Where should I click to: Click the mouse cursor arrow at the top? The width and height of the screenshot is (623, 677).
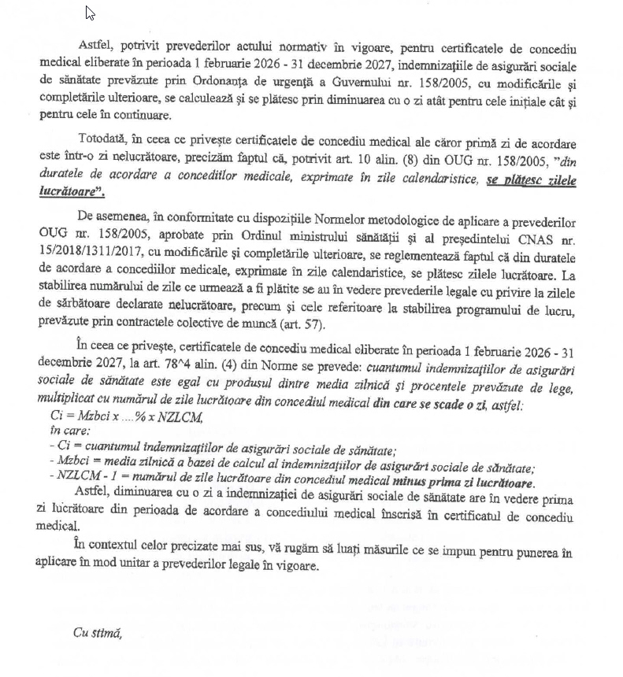click(90, 13)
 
